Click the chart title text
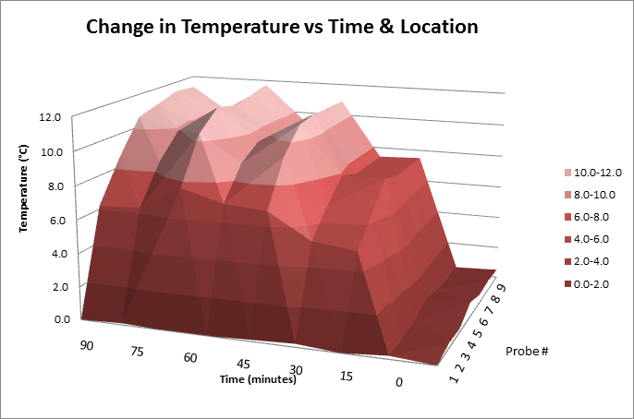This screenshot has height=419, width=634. [282, 27]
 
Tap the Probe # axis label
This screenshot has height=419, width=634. [528, 352]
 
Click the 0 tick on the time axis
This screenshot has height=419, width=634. [399, 383]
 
